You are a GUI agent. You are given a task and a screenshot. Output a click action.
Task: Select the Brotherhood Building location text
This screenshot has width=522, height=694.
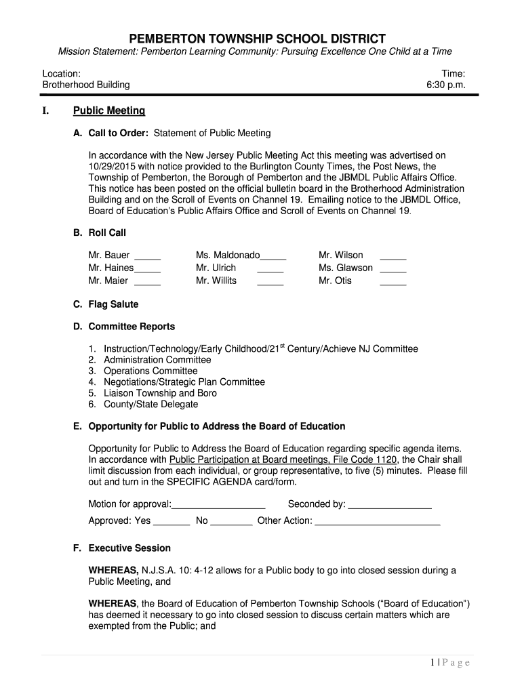(86, 85)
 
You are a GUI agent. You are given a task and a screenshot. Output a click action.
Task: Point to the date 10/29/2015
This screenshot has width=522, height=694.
(111, 166)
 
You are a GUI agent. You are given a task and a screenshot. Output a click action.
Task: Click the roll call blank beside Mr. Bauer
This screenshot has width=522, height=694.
(148, 258)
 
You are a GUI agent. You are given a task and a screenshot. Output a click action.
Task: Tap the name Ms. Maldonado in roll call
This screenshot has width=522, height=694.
(228, 256)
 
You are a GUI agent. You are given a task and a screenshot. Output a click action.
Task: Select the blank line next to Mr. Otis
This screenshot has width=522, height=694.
(393, 283)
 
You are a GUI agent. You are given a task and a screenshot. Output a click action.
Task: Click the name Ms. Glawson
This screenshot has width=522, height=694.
(346, 268)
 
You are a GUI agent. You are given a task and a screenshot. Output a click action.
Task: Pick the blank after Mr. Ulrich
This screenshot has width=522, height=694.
(270, 271)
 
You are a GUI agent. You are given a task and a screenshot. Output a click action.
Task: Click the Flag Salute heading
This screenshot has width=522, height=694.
(113, 304)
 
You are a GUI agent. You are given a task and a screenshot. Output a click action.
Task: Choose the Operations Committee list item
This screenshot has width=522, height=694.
(150, 371)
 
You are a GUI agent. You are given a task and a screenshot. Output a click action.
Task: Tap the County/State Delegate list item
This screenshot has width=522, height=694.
(150, 404)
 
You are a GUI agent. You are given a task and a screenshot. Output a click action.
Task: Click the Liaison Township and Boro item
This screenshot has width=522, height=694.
(160, 393)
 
